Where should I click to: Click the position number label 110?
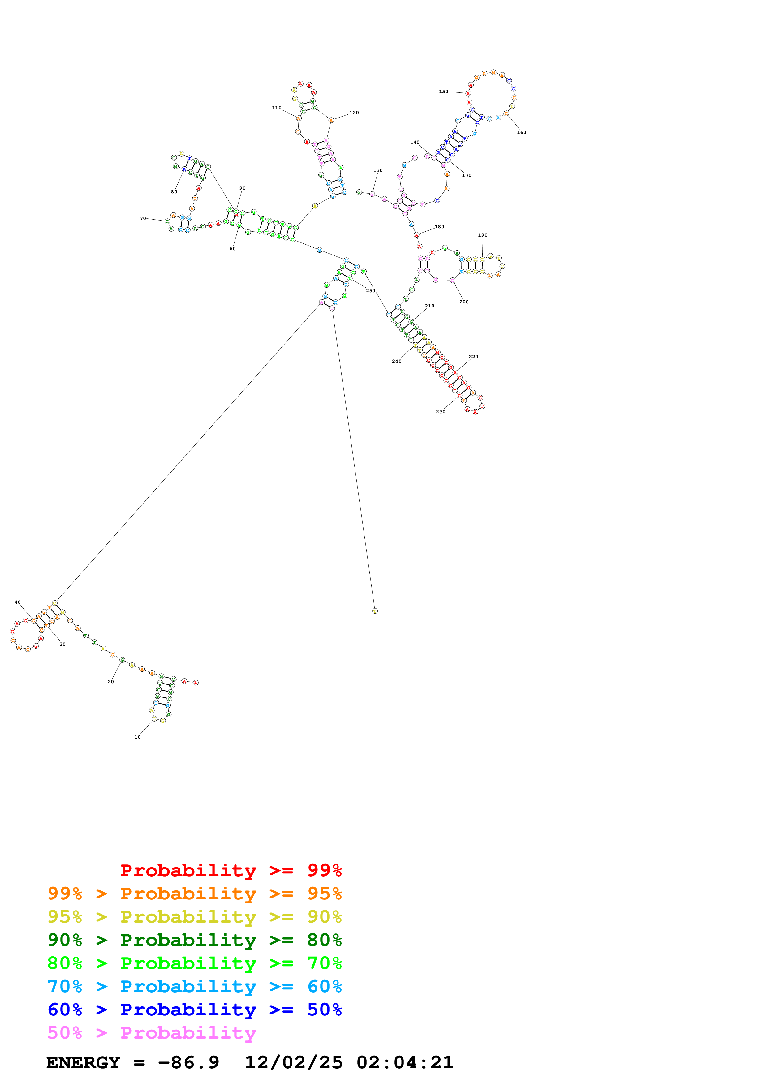point(277,108)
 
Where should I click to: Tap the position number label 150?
point(443,92)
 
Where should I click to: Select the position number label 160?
point(521,132)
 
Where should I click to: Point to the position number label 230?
point(441,412)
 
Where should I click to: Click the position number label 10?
point(137,737)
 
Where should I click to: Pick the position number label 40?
point(18,602)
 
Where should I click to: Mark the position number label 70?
point(143,218)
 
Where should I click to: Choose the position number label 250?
point(370,291)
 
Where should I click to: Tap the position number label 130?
point(378,171)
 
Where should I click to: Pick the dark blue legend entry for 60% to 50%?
point(194,1010)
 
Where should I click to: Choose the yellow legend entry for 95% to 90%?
point(194,917)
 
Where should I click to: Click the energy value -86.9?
point(188,1062)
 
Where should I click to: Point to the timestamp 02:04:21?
point(405,1062)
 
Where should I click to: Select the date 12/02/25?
point(294,1062)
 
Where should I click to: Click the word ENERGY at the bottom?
point(83,1062)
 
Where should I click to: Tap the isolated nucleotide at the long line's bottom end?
point(375,611)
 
